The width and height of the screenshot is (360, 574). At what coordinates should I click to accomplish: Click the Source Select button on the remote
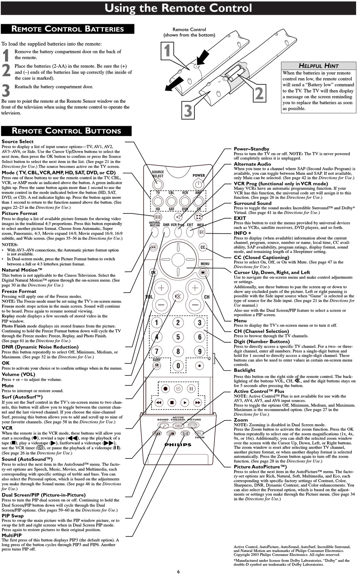tap(157, 185)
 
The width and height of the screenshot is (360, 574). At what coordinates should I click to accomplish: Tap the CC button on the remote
tap(203, 247)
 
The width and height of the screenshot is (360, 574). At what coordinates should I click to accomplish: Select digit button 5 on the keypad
tap(178, 337)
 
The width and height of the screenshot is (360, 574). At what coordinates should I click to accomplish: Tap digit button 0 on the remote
tap(178, 366)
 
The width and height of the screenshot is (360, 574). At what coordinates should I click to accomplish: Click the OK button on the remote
tap(153, 272)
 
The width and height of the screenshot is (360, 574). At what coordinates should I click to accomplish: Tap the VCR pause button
tap(191, 389)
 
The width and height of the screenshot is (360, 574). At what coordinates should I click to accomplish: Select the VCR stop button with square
tap(171, 402)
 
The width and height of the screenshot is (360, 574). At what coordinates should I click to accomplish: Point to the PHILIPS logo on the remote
tap(178, 445)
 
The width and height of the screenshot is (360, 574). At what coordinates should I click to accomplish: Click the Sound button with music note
tap(163, 425)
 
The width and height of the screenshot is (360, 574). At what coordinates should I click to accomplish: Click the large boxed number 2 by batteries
tap(259, 93)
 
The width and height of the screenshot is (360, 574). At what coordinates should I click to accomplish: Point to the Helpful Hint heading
tap(318, 66)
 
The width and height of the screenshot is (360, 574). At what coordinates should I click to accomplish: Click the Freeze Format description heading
tap(19, 291)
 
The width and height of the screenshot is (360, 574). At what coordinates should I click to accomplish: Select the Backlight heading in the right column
tap(244, 370)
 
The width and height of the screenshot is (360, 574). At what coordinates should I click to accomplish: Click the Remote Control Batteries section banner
tap(67, 29)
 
